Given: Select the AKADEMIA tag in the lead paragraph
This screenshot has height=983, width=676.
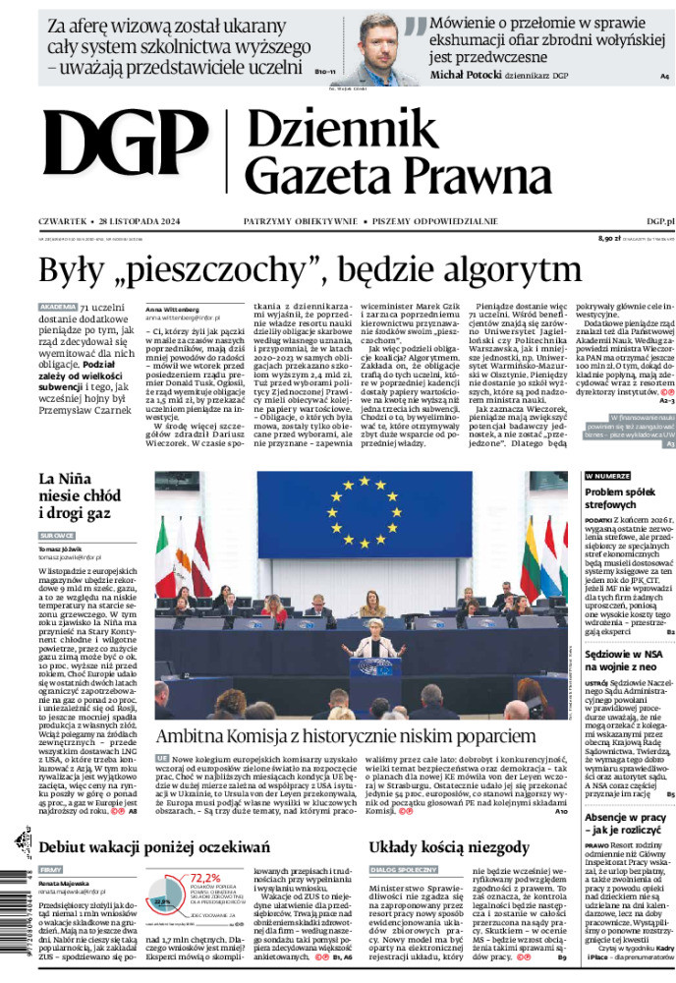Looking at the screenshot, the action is [x=57, y=308].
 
